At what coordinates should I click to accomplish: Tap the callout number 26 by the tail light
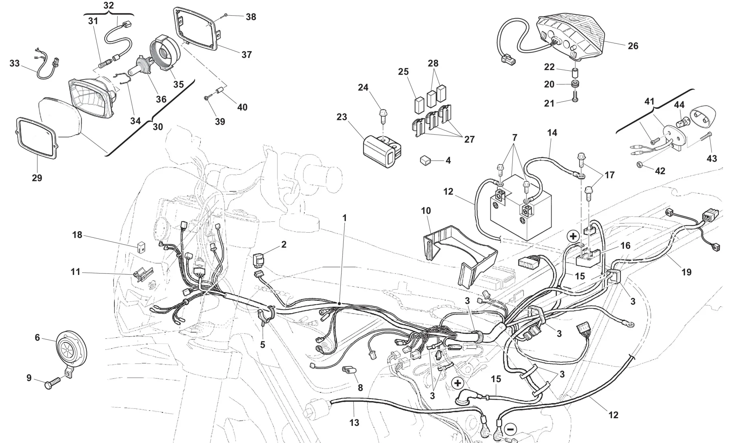633,46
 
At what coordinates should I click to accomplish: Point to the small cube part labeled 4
425,160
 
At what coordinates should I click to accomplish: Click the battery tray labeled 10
459,252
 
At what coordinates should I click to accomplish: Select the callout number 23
342,117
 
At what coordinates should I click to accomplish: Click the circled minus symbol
511,429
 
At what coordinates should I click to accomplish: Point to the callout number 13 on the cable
354,423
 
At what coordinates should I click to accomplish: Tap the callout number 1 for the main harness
344,218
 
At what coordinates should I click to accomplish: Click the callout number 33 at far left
15,63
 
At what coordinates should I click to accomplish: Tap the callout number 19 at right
686,272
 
